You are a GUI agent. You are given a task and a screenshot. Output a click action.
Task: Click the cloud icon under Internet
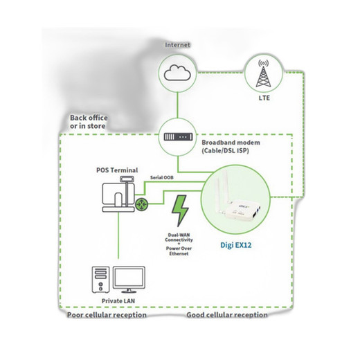177,73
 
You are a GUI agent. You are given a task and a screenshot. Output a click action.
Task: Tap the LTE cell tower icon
264,73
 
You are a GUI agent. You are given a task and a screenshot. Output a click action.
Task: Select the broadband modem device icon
178,137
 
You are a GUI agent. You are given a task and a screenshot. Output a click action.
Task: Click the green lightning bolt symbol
180,210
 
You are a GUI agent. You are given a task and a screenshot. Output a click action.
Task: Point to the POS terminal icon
118,194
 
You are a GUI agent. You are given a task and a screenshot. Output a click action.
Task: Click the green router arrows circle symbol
141,204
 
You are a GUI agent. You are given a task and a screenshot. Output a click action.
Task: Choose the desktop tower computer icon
100,280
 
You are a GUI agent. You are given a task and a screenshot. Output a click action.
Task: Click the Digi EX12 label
236,245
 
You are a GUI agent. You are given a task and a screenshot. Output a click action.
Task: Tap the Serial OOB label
162,177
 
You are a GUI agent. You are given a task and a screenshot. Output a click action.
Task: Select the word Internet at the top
177,45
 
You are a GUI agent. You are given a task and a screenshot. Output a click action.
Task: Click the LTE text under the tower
264,98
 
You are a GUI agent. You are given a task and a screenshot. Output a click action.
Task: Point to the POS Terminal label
117,170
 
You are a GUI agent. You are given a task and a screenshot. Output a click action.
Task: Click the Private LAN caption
118,301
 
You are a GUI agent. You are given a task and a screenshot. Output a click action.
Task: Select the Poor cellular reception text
107,315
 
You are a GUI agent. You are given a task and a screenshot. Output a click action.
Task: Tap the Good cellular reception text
227,315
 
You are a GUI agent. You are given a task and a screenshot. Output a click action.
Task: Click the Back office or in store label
89,122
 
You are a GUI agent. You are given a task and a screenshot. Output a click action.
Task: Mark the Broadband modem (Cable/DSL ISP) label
231,147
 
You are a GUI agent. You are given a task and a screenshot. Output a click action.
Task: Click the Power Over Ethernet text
179,251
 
